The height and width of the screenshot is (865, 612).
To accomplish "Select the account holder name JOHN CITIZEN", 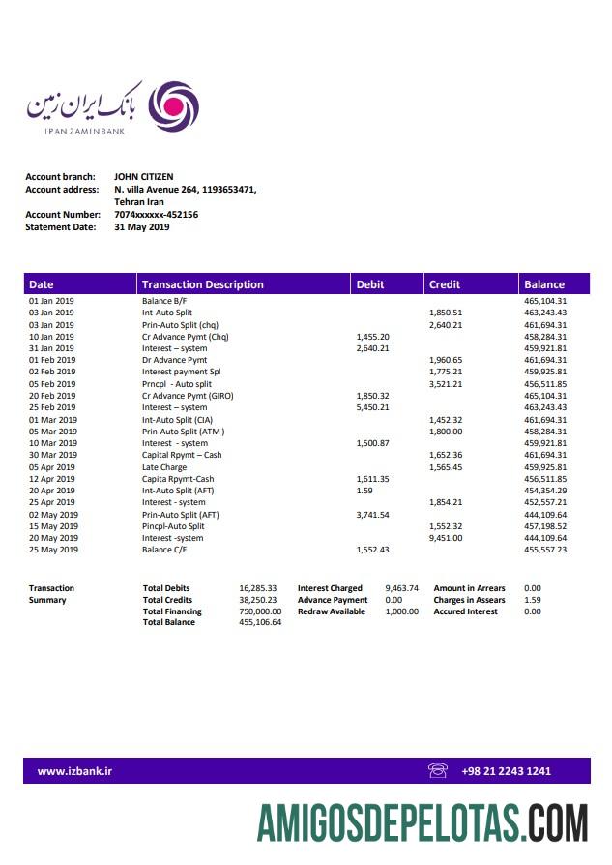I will click(144, 177).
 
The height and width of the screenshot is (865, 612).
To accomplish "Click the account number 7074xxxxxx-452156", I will click(156, 215).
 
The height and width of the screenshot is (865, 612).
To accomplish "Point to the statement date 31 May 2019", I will click(141, 227).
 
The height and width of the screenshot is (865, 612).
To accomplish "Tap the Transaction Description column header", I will click(202, 284).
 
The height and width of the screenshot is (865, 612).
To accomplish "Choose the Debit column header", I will click(370, 284).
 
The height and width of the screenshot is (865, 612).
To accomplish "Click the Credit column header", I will click(445, 284).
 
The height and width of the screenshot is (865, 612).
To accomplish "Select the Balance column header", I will click(544, 284).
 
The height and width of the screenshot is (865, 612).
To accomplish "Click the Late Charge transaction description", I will click(164, 467).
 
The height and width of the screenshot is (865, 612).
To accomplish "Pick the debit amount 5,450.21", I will click(372, 407).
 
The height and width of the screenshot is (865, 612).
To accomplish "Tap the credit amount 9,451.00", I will click(446, 538).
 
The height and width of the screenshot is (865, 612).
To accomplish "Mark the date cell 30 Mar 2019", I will click(52, 455).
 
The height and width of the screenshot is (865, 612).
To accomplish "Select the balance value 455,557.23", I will click(545, 550).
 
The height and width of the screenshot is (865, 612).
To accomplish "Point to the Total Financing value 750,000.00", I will click(260, 611).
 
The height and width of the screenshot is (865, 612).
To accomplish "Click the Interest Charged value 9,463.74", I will click(401, 588).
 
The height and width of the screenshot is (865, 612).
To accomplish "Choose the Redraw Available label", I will click(332, 611).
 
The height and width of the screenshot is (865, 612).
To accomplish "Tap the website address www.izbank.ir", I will click(74, 771).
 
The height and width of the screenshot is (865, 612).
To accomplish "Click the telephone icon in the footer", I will click(438, 771).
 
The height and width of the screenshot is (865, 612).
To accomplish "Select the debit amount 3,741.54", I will click(372, 515).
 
